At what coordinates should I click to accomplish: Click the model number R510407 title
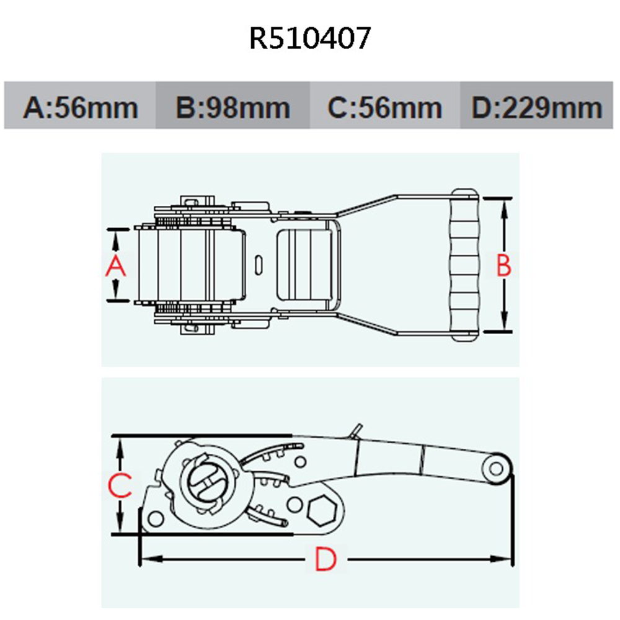310,38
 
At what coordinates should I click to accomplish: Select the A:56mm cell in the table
80,107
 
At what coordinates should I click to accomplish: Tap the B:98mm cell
232,107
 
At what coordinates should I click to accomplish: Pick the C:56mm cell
384,107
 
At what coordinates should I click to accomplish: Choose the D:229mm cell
537,107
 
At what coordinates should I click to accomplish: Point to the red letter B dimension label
504,266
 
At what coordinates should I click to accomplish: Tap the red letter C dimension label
120,485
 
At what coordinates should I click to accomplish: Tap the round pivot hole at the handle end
496,469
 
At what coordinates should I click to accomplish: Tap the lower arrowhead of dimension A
116,294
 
